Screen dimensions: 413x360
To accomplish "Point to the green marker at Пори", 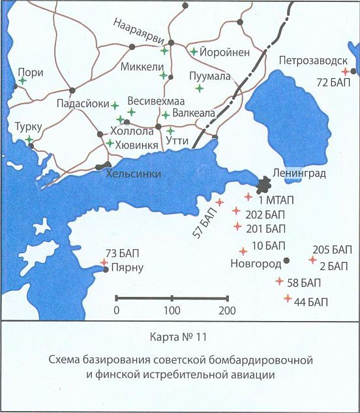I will coord(22,81).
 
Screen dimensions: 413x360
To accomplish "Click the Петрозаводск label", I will coord(312,61).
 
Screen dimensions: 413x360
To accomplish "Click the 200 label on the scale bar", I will coord(227,311).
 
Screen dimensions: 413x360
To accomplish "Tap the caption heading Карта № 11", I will coord(180,337).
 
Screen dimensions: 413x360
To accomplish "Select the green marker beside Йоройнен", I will coord(194,51).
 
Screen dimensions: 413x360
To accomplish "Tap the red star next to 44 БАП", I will coord(288,299).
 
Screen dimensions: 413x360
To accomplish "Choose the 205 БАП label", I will coord(332,250).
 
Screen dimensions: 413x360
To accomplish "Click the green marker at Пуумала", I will coord(200,87).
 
